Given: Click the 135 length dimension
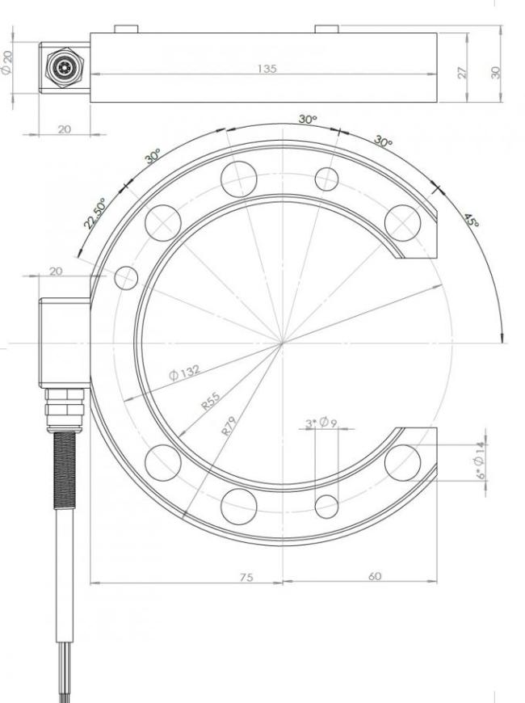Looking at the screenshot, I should (267, 69).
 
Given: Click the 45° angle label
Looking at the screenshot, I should (471, 220).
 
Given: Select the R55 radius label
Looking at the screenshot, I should (211, 401).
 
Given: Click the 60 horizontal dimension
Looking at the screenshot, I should (374, 576).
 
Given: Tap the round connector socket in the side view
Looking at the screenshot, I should (64, 68).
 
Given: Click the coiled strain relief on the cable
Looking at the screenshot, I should (65, 469).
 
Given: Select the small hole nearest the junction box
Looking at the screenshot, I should (126, 278).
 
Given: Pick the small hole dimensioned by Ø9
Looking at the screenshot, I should (326, 507).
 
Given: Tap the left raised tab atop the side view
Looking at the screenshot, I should (127, 29).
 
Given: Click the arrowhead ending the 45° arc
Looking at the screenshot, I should (503, 337).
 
